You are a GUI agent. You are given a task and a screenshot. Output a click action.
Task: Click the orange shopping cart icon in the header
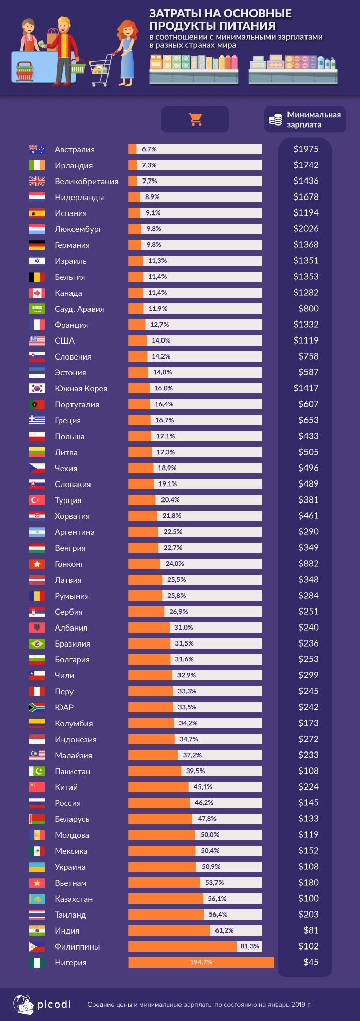click(195, 119)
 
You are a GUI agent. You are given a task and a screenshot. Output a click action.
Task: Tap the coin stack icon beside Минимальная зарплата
click(276, 120)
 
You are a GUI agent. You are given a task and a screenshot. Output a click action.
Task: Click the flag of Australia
click(37, 150)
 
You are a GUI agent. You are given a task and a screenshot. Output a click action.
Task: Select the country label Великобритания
click(86, 182)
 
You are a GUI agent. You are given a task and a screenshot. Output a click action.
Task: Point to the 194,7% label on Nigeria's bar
click(201, 962)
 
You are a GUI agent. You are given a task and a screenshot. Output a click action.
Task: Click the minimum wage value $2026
click(306, 229)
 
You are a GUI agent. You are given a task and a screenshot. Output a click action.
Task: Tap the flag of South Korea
click(37, 389)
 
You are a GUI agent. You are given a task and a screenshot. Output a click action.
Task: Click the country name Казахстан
click(74, 899)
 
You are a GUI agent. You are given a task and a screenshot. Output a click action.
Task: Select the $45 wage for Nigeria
click(311, 962)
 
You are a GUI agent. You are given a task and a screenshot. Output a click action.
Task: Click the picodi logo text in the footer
click(53, 1004)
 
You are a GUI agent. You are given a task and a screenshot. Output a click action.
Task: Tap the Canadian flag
click(37, 293)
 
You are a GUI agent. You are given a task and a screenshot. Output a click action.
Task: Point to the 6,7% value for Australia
click(149, 149)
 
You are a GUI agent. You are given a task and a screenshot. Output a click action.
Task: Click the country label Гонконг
click(69, 564)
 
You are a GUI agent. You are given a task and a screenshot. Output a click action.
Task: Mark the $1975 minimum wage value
click(306, 149)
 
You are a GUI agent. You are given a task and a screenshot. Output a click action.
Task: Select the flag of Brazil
click(37, 644)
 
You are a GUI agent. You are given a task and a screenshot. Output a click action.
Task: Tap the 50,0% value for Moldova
click(210, 834)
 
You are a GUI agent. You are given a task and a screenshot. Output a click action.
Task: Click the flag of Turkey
click(37, 500)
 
